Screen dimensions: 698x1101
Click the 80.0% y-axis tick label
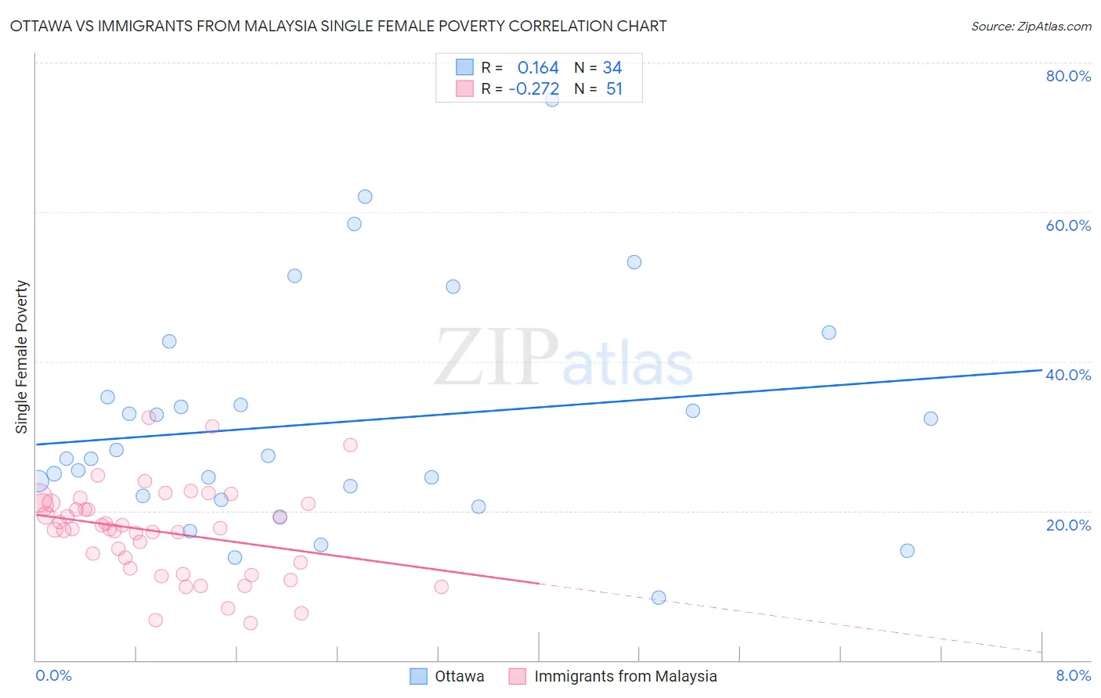pyautogui.click(x=1068, y=76)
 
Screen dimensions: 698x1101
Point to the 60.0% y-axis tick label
pyautogui.click(x=1068, y=225)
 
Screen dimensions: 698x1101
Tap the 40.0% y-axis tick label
pyautogui.click(x=1068, y=375)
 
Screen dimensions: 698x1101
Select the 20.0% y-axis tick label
pyautogui.click(x=1068, y=524)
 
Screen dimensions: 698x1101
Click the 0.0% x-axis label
pyautogui.click(x=53, y=675)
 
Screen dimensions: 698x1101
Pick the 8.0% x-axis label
pyautogui.click(x=1073, y=675)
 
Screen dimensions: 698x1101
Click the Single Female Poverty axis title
pyautogui.click(x=22, y=357)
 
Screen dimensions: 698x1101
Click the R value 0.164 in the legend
pyautogui.click(x=538, y=68)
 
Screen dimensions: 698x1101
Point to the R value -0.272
pyautogui.click(x=534, y=89)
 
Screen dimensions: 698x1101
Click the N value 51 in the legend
pyautogui.click(x=614, y=89)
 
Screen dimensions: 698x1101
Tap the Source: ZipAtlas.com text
pyautogui.click(x=1031, y=27)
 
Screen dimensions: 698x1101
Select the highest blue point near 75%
pyautogui.click(x=552, y=99)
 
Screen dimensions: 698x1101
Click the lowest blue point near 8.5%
pyautogui.click(x=659, y=598)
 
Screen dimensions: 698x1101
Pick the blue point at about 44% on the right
pyautogui.click(x=828, y=333)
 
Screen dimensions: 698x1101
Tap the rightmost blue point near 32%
pyautogui.click(x=930, y=419)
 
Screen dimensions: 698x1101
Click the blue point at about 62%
pyautogui.click(x=365, y=196)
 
